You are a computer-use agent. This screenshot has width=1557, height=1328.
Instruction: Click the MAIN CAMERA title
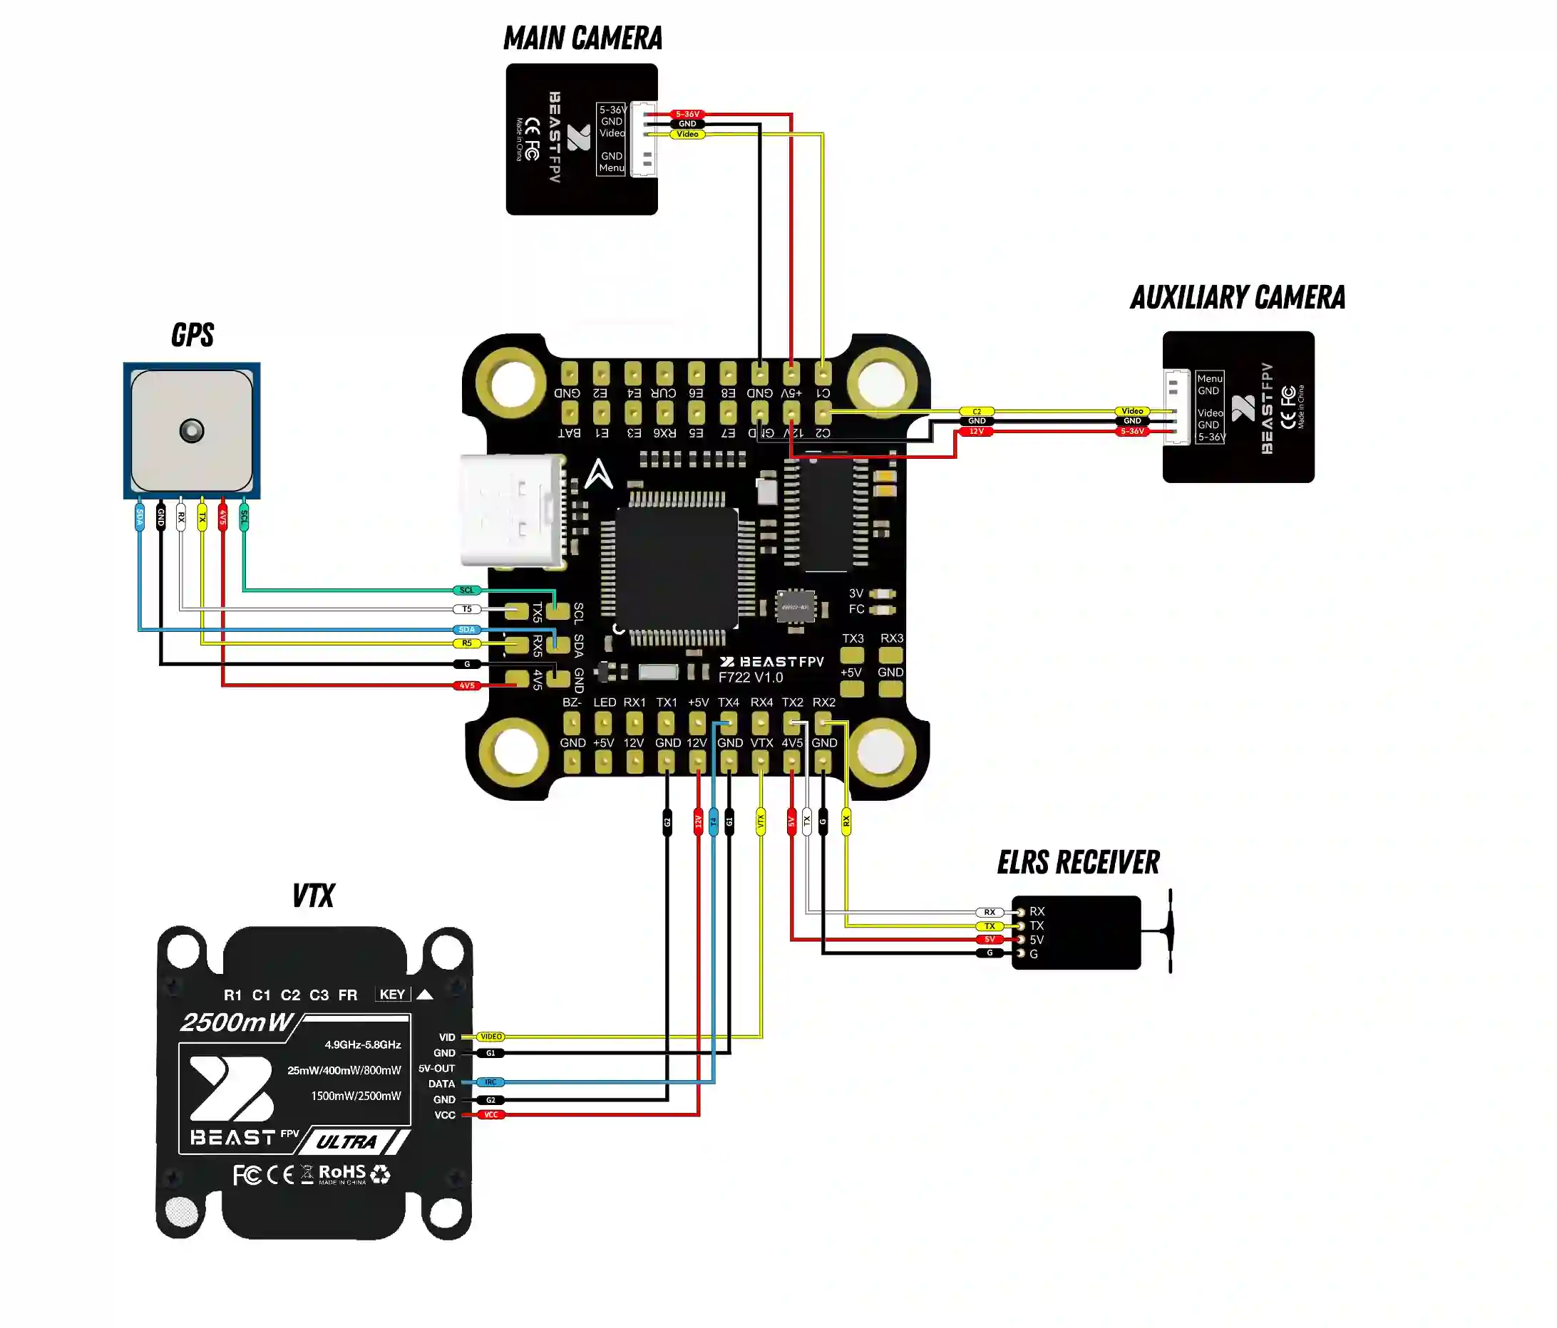[582, 38]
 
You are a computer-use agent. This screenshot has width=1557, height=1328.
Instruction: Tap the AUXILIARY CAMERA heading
[1237, 298]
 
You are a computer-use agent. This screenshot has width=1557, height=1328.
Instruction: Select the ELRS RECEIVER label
[1078, 862]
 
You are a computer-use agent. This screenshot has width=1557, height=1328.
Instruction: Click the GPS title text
[192, 335]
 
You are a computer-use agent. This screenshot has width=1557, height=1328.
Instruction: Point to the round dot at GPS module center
[192, 430]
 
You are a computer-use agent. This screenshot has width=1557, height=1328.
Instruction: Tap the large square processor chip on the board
[677, 567]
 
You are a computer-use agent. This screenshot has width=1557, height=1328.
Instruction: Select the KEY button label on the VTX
[392, 995]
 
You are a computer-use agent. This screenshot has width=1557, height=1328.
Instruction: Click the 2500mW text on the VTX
[236, 1022]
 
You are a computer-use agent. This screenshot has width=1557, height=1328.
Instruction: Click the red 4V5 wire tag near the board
[467, 686]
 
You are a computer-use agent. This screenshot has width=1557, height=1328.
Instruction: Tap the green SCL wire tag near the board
[467, 591]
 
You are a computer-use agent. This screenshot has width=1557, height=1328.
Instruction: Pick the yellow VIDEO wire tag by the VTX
[490, 1037]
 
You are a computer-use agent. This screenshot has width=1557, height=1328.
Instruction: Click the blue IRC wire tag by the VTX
[490, 1082]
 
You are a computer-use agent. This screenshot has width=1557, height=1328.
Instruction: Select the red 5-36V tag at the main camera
[687, 114]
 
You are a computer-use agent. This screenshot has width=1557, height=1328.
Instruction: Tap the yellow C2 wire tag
[976, 412]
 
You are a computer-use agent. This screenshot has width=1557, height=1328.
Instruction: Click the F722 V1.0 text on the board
[750, 678]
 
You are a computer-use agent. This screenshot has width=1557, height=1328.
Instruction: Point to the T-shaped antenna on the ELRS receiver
[1169, 931]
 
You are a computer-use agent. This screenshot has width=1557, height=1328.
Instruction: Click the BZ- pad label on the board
[572, 702]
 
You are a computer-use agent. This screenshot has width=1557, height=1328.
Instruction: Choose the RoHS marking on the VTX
[342, 1173]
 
